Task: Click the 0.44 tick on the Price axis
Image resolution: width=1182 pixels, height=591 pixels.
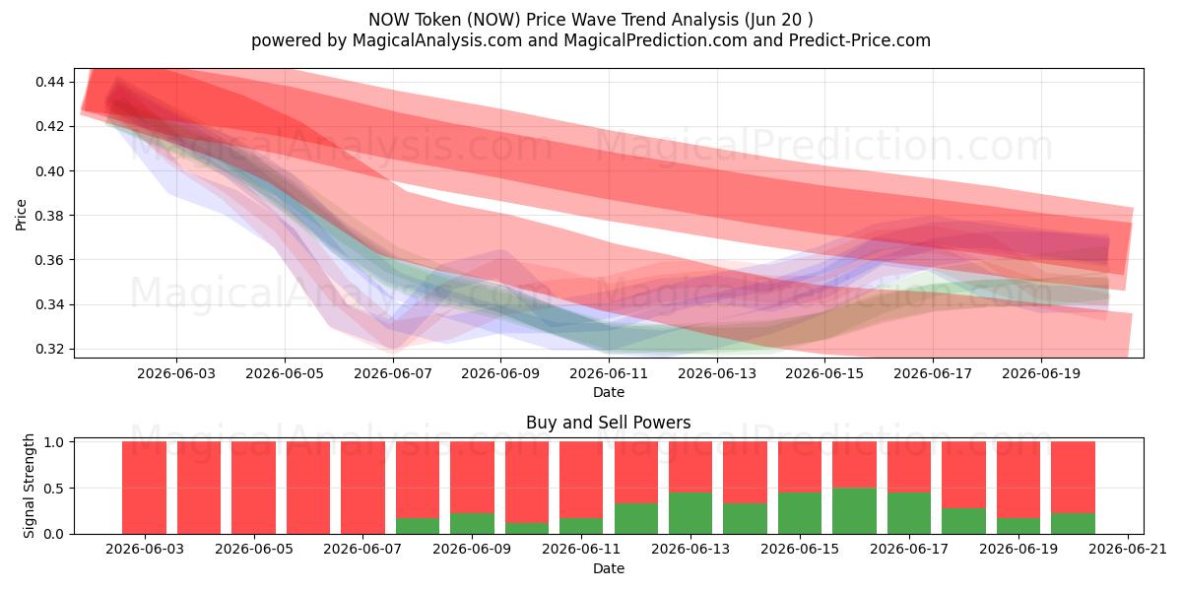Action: tap(49, 82)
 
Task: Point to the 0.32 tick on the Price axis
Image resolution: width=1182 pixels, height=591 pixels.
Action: tap(49, 350)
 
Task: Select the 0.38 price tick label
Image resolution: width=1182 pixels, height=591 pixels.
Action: tap(49, 216)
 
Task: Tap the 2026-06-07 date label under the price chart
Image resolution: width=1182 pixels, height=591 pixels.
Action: tap(393, 373)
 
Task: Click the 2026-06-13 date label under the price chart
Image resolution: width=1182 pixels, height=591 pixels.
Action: tap(717, 373)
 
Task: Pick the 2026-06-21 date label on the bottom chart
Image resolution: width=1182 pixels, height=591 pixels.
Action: tap(1128, 550)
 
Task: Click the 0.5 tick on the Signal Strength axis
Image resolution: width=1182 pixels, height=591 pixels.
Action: tap(53, 489)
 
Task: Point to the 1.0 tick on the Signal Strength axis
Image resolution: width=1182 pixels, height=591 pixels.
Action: tap(53, 442)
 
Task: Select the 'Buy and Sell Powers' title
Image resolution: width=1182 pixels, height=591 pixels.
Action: tap(609, 423)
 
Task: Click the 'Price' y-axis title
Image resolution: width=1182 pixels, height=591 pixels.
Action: tap(21, 215)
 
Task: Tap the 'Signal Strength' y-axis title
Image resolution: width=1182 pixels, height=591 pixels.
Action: tap(29, 486)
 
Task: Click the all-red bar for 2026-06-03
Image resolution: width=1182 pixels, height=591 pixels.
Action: tap(144, 488)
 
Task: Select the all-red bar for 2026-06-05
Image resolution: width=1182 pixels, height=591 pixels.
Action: tap(253, 488)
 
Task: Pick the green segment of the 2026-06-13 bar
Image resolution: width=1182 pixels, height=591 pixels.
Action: tap(690, 513)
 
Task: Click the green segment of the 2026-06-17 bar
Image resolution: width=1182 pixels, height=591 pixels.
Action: tap(908, 513)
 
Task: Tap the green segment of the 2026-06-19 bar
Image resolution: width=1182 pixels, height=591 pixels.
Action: tap(1018, 526)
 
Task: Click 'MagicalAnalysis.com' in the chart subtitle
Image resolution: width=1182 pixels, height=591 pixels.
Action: tap(437, 40)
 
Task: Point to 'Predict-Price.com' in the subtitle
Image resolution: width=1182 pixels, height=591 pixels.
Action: tap(860, 40)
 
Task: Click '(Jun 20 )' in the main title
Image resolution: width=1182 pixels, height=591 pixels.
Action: tap(779, 20)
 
